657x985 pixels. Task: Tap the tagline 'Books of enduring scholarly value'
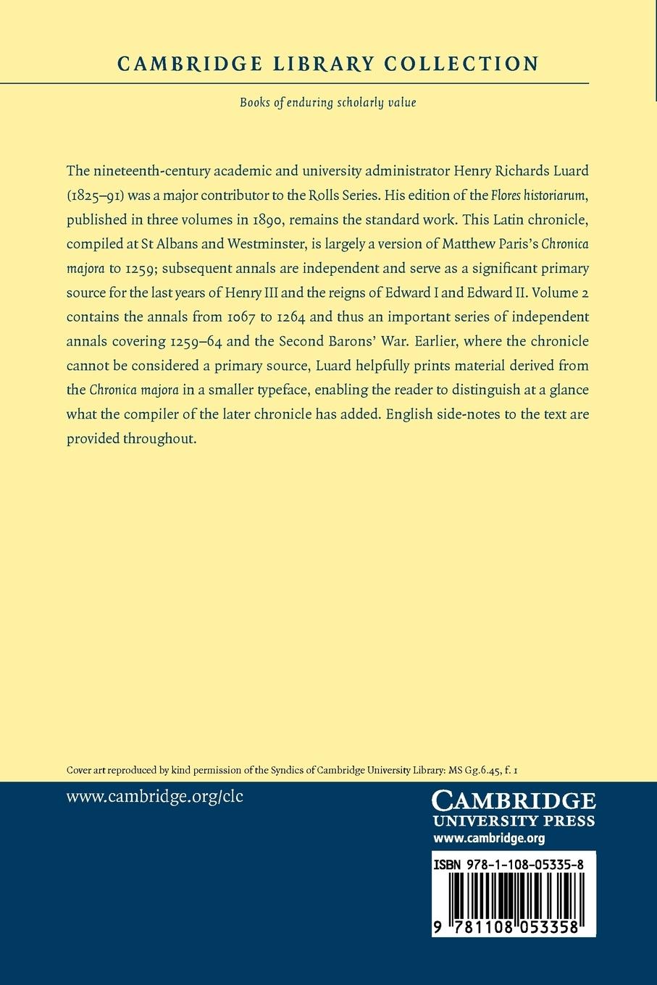click(x=328, y=102)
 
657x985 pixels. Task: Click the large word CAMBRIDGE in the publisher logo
click(x=514, y=802)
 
